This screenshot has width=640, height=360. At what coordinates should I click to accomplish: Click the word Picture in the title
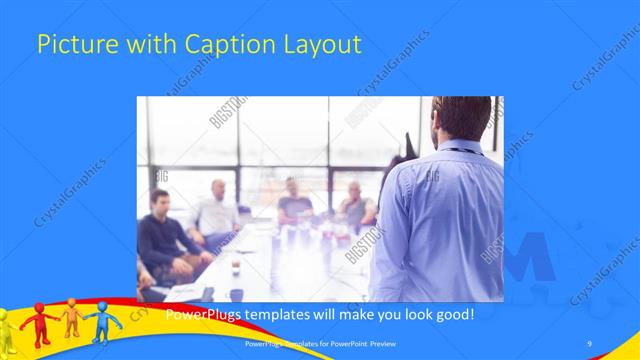pyautogui.click(x=72, y=45)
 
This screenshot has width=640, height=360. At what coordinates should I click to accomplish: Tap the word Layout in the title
pyautogui.click(x=323, y=45)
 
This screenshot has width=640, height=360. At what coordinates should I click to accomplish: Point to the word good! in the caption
pyautogui.click(x=451, y=314)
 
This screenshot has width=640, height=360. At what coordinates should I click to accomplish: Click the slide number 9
pyautogui.click(x=589, y=344)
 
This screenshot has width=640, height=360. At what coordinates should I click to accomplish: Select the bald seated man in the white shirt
pyautogui.click(x=217, y=211)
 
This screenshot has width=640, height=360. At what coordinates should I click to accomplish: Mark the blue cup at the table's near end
pyautogui.click(x=236, y=294)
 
